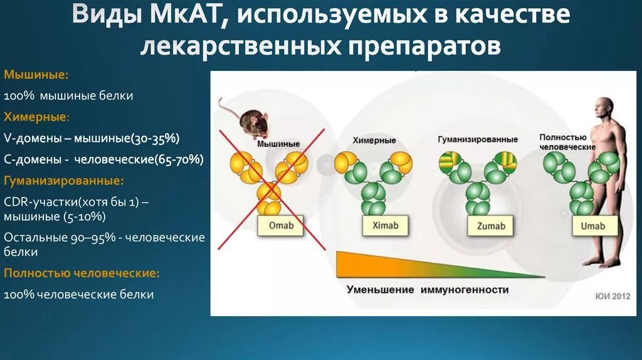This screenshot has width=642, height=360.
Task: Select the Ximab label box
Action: tap(384, 226)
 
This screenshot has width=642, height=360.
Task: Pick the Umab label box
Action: tap(593, 226)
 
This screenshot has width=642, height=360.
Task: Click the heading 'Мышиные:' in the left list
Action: tap(36, 75)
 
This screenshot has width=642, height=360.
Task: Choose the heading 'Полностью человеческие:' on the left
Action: tap(82, 273)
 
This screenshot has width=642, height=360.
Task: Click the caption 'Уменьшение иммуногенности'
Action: tap(428, 290)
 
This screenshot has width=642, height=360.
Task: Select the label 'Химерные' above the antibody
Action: tap(374, 140)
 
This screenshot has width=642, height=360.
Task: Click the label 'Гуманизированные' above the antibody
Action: tap(478, 139)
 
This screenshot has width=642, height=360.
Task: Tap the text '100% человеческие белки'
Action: tap(79, 294)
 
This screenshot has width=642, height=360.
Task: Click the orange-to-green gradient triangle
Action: tap(389, 265)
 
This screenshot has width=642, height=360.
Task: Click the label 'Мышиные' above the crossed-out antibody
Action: tap(278, 144)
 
